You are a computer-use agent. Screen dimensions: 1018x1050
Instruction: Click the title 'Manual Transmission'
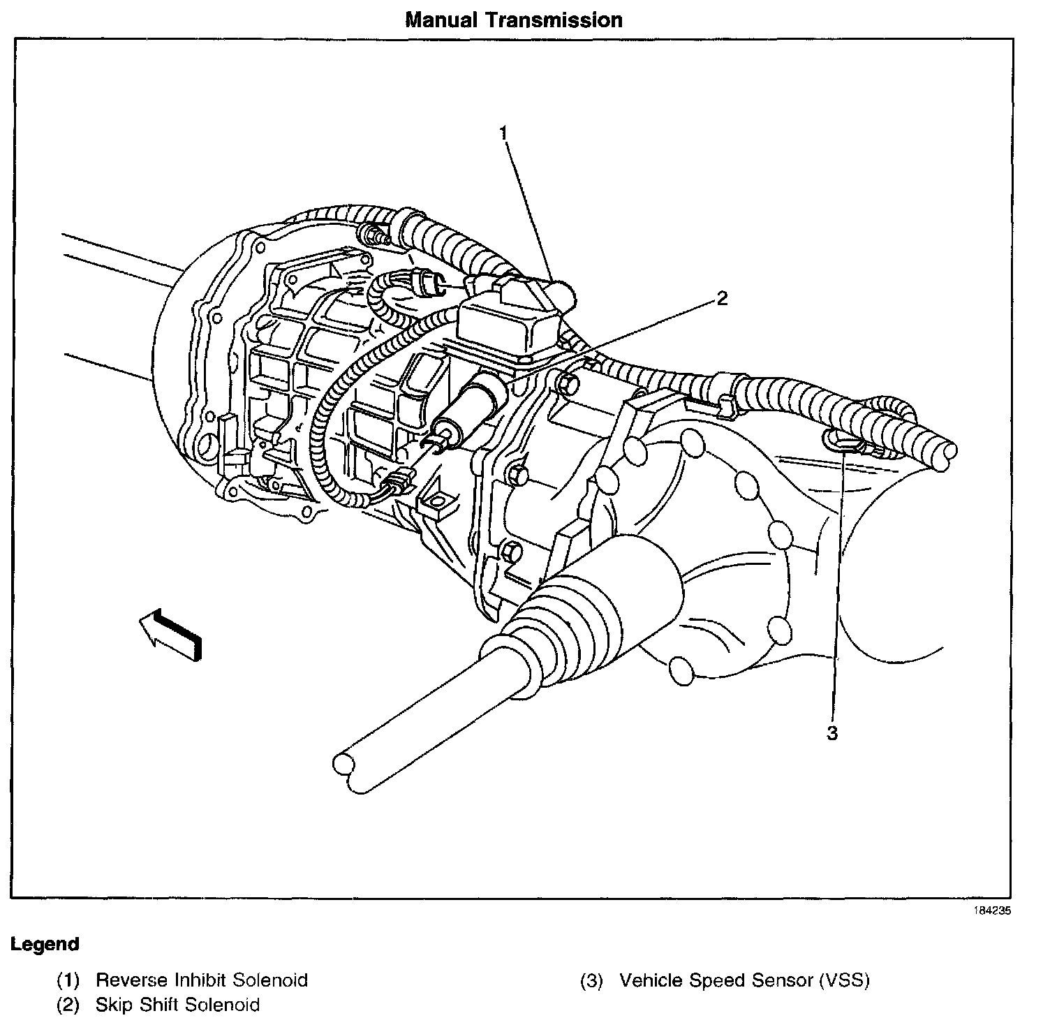[513, 20]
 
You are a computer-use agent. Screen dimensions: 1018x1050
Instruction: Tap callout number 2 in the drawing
[722, 299]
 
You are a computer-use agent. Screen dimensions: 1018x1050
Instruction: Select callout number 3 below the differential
[831, 734]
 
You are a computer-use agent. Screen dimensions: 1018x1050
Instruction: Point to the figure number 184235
[992, 910]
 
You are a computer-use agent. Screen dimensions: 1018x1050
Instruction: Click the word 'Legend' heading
[45, 945]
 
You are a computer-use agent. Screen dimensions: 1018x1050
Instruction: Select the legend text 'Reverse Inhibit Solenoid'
[202, 980]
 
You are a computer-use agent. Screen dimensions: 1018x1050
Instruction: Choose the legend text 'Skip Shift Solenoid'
[178, 1005]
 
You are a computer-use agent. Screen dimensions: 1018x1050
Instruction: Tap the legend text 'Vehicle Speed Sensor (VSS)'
[745, 980]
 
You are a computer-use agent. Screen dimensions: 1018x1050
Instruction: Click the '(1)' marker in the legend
[68, 980]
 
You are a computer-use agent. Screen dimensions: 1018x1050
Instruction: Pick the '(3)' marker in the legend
[591, 980]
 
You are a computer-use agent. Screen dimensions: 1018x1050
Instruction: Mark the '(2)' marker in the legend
[68, 1005]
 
